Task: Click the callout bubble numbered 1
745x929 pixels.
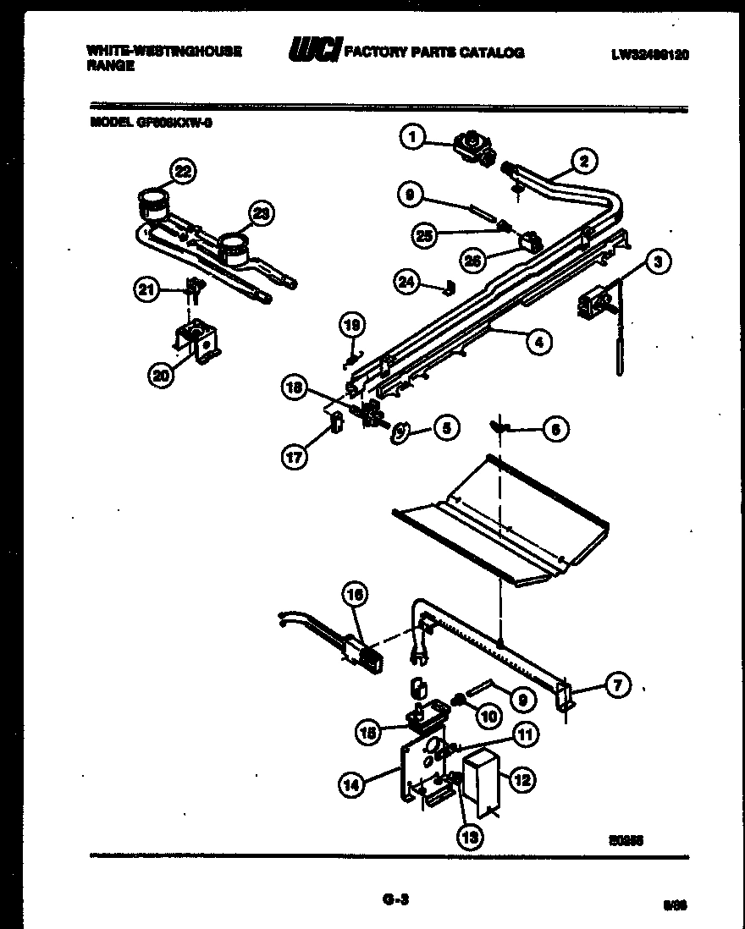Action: coord(412,136)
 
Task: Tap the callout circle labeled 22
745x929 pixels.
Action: coord(181,171)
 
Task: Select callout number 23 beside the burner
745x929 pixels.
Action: coord(262,214)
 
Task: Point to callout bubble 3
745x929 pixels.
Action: coord(657,262)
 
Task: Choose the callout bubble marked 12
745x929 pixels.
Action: coord(521,780)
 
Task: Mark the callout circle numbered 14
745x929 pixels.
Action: coord(351,785)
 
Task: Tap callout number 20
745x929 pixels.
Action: coord(160,376)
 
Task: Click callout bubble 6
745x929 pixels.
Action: coord(555,430)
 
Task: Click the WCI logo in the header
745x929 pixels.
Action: coord(314,52)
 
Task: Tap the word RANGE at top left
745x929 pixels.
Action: coord(110,66)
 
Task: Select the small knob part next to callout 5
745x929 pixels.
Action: coord(399,432)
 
